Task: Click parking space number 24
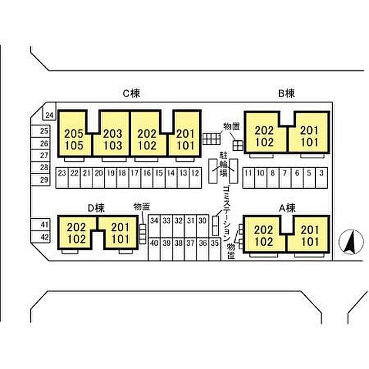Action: pos(49,112)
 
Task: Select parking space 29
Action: pos(41,180)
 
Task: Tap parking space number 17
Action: pos(135,178)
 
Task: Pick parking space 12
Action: pos(196,178)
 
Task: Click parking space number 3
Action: pos(322,178)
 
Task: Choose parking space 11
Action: pos(248,178)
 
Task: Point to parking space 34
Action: pos(154,226)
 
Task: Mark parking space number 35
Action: pos(215,249)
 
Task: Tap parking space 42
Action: pos(41,237)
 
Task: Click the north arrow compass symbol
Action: pos(351,242)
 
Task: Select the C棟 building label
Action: pos(131,93)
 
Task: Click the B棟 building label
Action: pos(286,93)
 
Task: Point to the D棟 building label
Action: pos(96,208)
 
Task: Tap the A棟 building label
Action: pos(287,208)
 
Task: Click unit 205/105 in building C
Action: pos(74,139)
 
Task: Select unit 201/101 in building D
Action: pos(120,233)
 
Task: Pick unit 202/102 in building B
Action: pos(265,136)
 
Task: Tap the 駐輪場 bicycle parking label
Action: pos(224,164)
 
